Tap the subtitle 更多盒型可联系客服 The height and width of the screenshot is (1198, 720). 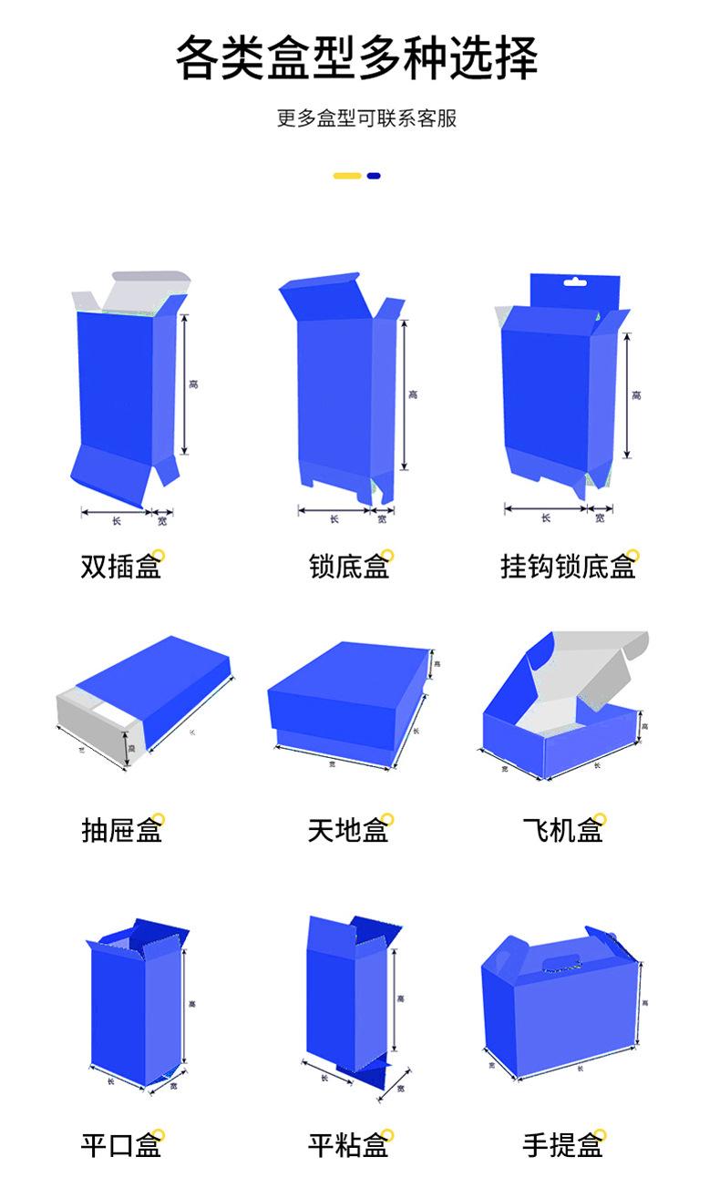(x=366, y=118)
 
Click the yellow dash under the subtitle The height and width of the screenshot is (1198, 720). (x=347, y=176)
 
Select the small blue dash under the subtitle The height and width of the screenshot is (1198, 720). (x=374, y=176)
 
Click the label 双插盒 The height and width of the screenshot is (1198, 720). (x=121, y=568)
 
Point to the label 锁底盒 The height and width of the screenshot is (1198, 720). (x=349, y=568)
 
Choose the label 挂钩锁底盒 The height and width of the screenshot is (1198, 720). (x=567, y=568)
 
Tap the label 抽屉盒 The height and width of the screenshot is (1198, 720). (x=121, y=830)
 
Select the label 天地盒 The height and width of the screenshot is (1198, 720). (x=349, y=830)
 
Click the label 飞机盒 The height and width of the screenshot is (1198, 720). (x=562, y=830)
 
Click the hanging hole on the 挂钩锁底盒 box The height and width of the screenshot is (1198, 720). (x=571, y=282)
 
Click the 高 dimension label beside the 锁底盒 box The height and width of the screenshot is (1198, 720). (x=413, y=394)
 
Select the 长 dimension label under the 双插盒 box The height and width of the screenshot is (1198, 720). (x=116, y=521)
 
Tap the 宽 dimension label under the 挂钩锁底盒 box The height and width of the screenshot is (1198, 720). (x=600, y=518)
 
